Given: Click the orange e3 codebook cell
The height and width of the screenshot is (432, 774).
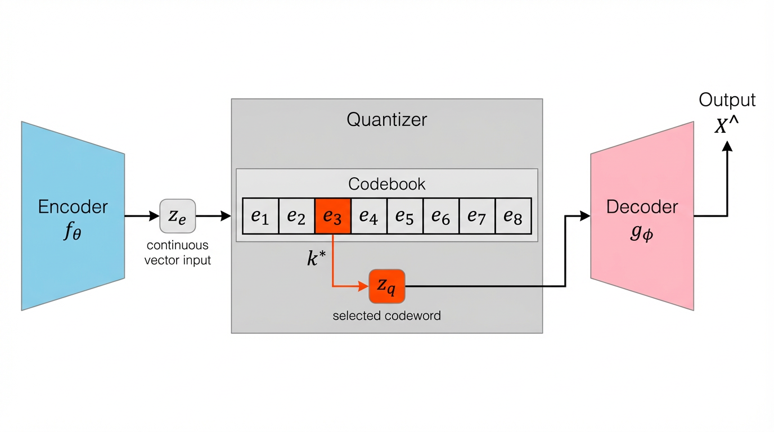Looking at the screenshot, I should (x=332, y=216).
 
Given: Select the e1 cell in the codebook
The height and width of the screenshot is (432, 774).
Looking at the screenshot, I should (x=260, y=216).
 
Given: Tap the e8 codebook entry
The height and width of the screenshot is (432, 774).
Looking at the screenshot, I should (x=513, y=216).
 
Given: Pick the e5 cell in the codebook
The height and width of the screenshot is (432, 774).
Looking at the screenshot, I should (x=405, y=216).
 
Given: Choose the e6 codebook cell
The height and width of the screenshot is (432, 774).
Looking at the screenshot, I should (x=441, y=216).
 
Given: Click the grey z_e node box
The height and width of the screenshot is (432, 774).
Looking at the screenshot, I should (x=178, y=216).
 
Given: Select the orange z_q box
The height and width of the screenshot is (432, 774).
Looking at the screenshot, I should (x=386, y=286).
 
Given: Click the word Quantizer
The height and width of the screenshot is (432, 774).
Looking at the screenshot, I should (x=387, y=119).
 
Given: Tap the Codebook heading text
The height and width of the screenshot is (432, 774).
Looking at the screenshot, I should (x=387, y=184).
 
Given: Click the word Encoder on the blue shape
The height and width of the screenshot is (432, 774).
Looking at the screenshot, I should (x=73, y=206).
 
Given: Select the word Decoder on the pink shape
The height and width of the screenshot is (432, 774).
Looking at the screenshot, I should (x=642, y=206).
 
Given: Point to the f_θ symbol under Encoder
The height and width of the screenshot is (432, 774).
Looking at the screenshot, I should (x=72, y=231).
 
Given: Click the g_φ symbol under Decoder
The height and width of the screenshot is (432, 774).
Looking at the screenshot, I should (x=641, y=231).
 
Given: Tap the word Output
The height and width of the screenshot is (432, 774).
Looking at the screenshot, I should (x=727, y=100).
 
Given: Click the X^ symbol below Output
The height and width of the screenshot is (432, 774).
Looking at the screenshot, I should (x=726, y=126).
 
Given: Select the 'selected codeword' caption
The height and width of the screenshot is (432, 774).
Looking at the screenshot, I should (x=386, y=316).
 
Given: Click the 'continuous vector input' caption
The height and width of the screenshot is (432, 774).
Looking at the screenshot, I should (x=178, y=253).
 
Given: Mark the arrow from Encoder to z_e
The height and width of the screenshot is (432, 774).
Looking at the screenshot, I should (x=142, y=216).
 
